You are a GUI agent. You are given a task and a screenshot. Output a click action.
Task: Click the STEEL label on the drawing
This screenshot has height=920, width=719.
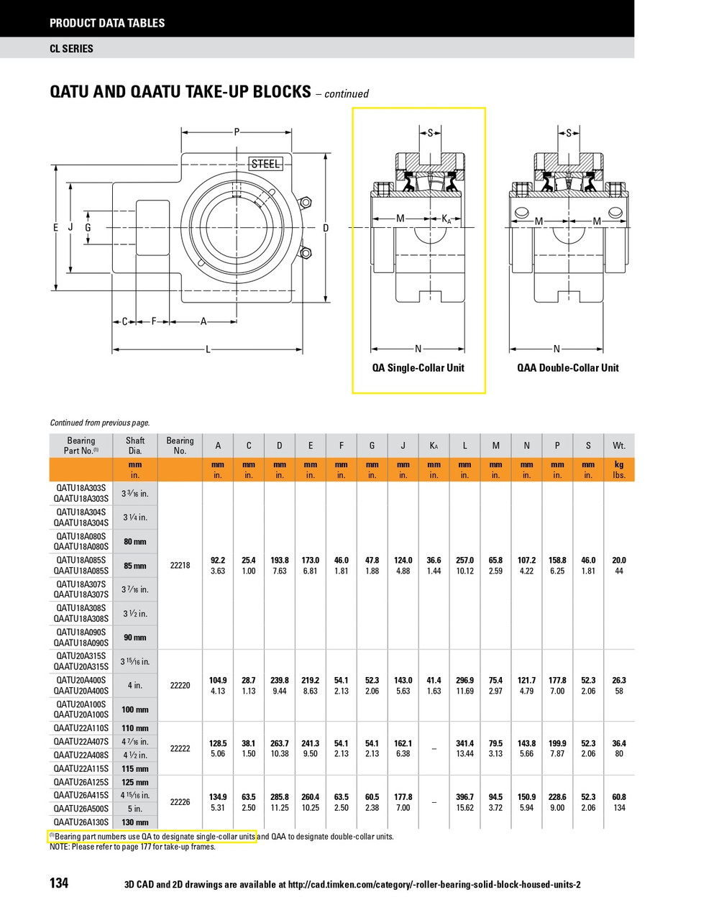(265, 164)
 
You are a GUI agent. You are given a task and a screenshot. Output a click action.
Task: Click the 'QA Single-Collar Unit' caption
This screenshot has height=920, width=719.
(418, 368)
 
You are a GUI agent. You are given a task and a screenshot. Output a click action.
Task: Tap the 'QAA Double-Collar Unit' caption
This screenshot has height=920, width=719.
(567, 368)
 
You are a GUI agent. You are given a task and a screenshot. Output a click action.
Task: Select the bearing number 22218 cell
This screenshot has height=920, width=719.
(180, 566)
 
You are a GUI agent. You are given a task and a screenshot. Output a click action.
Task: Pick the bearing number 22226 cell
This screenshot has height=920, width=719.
(180, 802)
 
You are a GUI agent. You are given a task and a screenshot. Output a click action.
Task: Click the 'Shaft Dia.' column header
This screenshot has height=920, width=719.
(135, 446)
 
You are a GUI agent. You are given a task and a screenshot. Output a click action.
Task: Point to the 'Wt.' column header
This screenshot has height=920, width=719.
(618, 446)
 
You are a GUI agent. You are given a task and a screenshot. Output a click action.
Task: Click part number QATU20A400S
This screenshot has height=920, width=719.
(81, 680)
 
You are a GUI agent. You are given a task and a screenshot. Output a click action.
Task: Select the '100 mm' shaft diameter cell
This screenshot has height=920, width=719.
(135, 709)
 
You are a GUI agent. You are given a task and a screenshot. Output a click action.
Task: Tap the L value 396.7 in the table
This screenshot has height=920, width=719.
(464, 797)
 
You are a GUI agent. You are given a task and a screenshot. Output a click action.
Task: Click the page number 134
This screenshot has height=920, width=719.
(59, 883)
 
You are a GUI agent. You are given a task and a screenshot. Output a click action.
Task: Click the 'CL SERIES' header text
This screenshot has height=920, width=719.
(71, 49)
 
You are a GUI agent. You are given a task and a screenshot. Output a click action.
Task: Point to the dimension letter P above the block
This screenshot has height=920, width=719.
(237, 132)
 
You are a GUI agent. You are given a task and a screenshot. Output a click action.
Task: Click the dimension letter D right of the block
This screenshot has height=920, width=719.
(326, 229)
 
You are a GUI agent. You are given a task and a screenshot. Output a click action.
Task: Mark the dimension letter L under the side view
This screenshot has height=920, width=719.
(208, 350)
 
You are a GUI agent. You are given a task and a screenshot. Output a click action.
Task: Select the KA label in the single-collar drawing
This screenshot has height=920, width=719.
(446, 219)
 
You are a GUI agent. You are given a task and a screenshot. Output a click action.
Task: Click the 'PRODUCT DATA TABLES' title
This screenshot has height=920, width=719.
(107, 23)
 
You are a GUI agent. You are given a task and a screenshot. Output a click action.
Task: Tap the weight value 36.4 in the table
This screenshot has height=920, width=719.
(618, 743)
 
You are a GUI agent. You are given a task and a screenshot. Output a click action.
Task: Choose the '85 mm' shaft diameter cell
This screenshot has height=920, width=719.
(135, 566)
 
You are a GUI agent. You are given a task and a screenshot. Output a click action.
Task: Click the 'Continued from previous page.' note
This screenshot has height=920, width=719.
(100, 423)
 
